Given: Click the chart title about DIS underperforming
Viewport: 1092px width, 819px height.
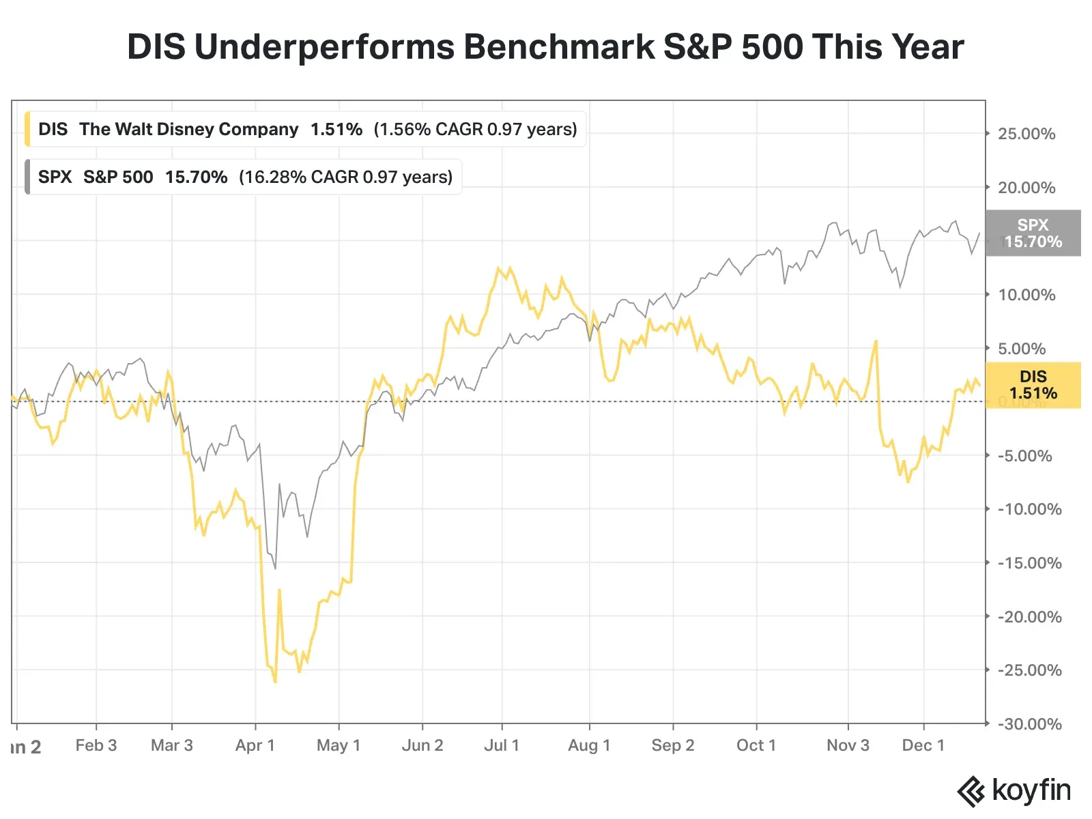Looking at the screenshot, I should tap(545, 48).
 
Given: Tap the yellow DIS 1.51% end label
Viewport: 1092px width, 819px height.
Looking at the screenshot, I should tap(1033, 385).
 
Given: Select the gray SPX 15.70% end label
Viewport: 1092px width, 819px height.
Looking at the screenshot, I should tap(1033, 233).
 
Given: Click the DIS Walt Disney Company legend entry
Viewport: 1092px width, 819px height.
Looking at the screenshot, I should tap(307, 129).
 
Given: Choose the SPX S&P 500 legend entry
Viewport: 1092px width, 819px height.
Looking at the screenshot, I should tap(244, 177).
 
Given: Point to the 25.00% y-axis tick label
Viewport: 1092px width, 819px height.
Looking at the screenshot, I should tap(1026, 134).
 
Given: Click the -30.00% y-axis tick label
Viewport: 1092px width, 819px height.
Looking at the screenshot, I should tap(1029, 724).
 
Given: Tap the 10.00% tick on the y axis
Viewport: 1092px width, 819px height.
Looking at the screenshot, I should tap(1026, 295).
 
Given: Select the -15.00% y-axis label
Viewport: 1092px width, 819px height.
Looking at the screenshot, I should tap(1029, 563).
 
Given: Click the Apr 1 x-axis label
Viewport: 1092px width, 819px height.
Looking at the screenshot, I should tap(255, 745).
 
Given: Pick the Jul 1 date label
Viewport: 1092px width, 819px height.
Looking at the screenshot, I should tap(502, 745).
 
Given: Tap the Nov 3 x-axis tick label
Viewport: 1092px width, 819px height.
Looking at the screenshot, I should tap(848, 745).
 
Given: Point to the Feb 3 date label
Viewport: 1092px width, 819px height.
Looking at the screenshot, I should tap(96, 745).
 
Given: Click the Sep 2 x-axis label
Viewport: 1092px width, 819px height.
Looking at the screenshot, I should tap(673, 745).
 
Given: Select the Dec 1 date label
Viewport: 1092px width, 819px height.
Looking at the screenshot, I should tap(923, 745).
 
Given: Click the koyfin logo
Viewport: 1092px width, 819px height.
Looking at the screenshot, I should tap(1014, 791).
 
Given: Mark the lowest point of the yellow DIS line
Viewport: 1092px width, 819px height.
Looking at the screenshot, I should tap(275, 681).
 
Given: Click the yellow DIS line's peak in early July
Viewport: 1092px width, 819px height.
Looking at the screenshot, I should tap(498, 268).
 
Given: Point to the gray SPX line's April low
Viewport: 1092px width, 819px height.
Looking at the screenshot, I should tap(275, 568).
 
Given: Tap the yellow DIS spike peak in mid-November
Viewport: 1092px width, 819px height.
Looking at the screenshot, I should tap(876, 341).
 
